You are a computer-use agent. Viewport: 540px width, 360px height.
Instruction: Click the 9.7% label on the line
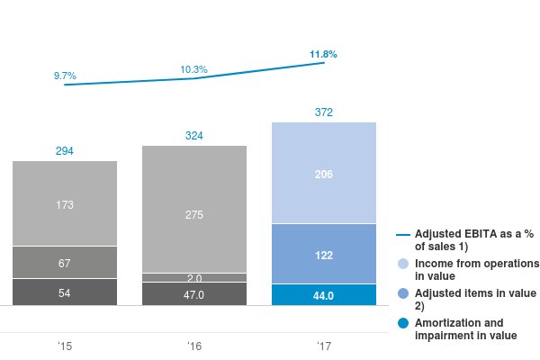[65, 76]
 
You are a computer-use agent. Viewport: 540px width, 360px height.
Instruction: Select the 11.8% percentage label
[323, 55]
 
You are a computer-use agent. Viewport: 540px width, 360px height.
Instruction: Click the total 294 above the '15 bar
[65, 151]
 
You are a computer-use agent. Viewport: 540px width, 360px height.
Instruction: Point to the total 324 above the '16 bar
[194, 136]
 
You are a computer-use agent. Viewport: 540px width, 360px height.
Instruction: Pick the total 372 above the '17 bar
[324, 112]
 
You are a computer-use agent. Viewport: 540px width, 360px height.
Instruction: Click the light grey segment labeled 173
[65, 204]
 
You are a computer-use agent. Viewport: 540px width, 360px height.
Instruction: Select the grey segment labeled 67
[65, 263]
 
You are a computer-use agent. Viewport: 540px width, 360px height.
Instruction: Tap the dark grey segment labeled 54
[65, 293]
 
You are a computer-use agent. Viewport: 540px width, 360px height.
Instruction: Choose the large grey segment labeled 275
[194, 214]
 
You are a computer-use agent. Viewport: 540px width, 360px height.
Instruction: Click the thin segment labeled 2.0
[194, 278]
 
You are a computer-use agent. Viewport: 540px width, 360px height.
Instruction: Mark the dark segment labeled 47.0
[194, 294]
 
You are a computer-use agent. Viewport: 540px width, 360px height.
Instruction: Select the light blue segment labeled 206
[324, 174]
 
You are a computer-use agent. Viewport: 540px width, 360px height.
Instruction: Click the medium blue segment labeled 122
[324, 255]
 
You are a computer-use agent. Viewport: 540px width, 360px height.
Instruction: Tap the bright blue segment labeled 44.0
[324, 295]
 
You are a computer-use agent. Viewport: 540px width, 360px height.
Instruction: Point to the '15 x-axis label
[65, 346]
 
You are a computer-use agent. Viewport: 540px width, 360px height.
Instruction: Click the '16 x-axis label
[194, 346]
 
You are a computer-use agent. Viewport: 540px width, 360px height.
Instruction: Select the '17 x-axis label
[324, 346]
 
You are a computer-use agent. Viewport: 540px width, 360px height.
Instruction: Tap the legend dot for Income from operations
[403, 264]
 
